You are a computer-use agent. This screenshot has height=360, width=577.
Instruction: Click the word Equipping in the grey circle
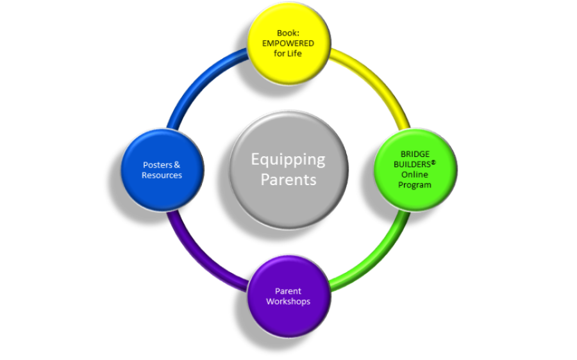click(x=288, y=160)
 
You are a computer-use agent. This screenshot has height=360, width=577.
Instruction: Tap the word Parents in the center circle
click(x=288, y=180)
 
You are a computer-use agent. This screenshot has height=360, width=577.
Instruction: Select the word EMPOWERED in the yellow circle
click(x=288, y=44)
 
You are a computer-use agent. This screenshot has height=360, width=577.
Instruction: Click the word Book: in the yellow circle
click(x=288, y=33)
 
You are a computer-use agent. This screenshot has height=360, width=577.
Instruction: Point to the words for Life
click(x=288, y=53)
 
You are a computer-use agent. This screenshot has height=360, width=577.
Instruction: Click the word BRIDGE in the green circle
click(x=415, y=154)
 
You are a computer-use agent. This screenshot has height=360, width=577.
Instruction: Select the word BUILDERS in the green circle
click(x=412, y=165)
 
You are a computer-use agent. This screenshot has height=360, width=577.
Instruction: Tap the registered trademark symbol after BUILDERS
click(x=433, y=162)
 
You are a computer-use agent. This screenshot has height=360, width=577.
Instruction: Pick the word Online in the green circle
click(x=415, y=174)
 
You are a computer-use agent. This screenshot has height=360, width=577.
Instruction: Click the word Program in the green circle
click(x=415, y=185)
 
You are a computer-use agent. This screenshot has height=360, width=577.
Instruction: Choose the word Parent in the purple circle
click(x=288, y=291)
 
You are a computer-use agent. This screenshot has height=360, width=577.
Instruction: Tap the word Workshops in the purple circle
click(x=288, y=302)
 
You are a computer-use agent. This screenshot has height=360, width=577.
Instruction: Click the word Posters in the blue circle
click(x=158, y=165)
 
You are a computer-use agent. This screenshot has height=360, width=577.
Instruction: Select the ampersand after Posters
click(x=177, y=165)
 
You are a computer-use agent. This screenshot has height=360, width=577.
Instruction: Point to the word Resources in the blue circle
click(x=162, y=176)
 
